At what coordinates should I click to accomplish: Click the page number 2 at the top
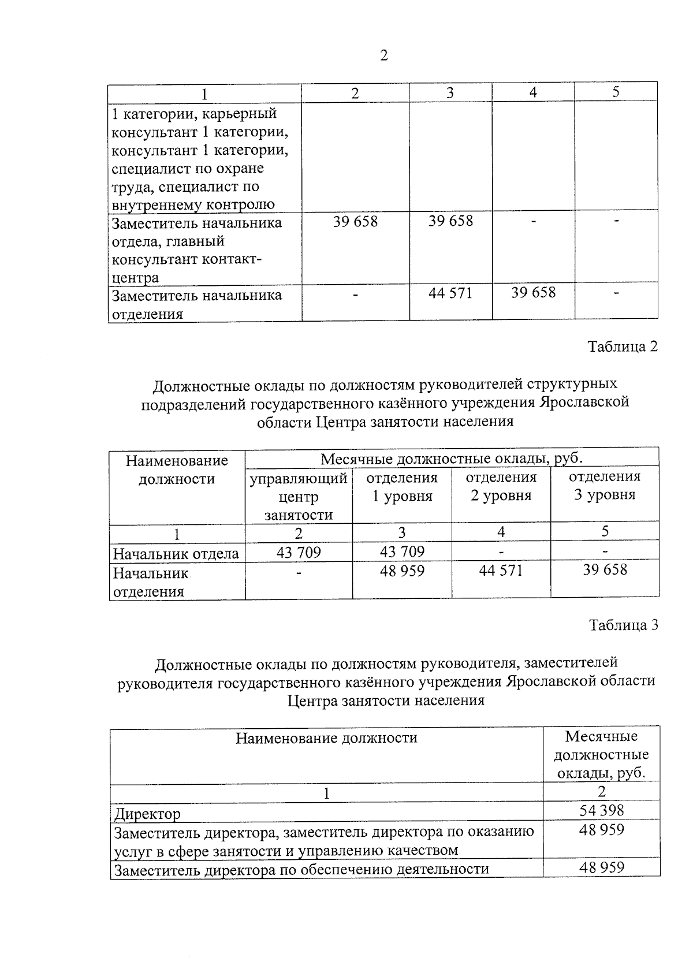(x=383, y=55)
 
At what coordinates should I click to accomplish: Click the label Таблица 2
(x=623, y=346)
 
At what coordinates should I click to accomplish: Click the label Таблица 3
(x=623, y=625)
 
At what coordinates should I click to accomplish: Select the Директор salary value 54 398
(x=601, y=810)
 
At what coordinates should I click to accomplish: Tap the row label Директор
(x=147, y=814)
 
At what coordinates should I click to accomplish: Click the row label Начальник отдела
(x=176, y=554)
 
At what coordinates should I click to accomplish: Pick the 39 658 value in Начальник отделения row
(x=605, y=570)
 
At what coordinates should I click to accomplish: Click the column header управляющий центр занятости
(x=298, y=496)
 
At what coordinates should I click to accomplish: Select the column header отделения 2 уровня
(x=501, y=486)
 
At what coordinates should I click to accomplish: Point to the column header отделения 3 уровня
(x=605, y=486)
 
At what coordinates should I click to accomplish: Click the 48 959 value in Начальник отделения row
(x=402, y=571)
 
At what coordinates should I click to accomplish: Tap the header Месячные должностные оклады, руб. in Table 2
(x=452, y=459)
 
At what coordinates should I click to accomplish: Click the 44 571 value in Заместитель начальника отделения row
(x=450, y=293)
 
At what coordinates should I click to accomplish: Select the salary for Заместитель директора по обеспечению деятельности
(x=601, y=867)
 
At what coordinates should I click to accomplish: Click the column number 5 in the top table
(x=616, y=92)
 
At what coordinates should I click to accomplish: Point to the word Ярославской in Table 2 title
(x=583, y=402)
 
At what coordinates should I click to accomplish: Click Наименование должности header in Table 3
(x=326, y=737)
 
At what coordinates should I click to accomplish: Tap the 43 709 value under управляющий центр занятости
(x=298, y=553)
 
